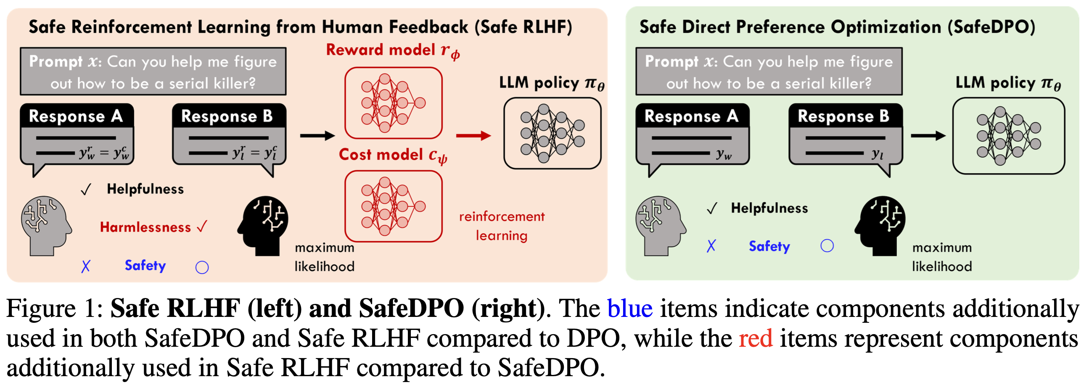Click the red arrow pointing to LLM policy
pyautogui.click(x=473, y=136)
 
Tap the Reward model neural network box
pyautogui.click(x=393, y=103)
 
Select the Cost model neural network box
pyautogui.click(x=393, y=206)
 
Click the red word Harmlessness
pyautogui.click(x=145, y=227)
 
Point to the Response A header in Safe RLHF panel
pyautogui.click(x=76, y=116)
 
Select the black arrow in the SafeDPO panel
pyautogui.click(x=928, y=136)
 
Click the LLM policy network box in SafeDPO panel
pyautogui.click(x=1008, y=136)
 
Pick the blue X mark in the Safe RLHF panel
pyautogui.click(x=86, y=266)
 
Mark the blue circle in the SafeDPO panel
pyautogui.click(x=827, y=246)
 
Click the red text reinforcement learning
pyautogui.click(x=502, y=226)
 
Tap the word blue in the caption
pyautogui.click(x=629, y=309)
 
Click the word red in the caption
pyautogui.click(x=756, y=338)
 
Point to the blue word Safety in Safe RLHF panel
pyautogui.click(x=145, y=265)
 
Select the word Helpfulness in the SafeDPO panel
pyautogui.click(x=769, y=208)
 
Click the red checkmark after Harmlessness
pyautogui.click(x=202, y=227)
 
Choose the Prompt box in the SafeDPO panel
pyautogui.click(x=769, y=72)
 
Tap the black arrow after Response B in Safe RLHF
pyautogui.click(x=317, y=136)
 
